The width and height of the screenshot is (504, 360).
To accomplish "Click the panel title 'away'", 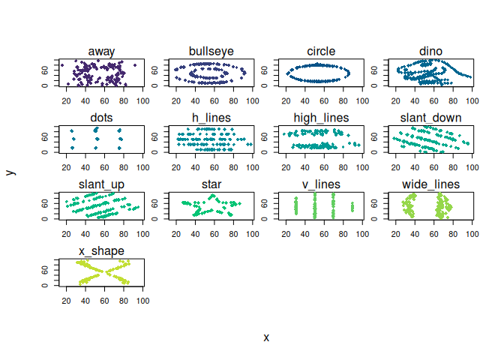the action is tap(102, 51).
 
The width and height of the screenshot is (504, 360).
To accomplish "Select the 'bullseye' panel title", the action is tap(211, 51).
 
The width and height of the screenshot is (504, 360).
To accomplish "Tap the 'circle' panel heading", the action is tap(321, 51).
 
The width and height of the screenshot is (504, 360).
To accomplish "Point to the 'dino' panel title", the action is tap(431, 51).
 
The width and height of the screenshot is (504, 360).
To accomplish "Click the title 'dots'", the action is tap(102, 118).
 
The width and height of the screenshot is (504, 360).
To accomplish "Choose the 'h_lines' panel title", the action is tap(211, 118).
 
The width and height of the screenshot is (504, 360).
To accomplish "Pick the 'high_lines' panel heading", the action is tap(321, 118).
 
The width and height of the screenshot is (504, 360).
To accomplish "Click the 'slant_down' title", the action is tap(431, 118).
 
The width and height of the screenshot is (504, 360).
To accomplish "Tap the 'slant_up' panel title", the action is tap(102, 184).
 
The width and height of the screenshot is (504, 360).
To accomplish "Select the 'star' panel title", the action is tap(211, 184).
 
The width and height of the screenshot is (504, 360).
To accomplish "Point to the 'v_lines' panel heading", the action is tap(321, 184).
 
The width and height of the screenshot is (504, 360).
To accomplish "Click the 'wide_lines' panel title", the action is tap(431, 184).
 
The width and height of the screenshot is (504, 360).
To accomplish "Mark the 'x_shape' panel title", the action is tap(102, 250).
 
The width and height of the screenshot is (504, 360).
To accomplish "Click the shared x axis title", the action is tap(266, 337).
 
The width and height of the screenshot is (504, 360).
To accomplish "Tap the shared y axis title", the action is tap(10, 172).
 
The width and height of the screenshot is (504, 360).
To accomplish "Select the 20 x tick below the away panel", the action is tap(66, 101).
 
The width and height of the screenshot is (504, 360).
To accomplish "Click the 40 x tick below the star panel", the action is tap(195, 234).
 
